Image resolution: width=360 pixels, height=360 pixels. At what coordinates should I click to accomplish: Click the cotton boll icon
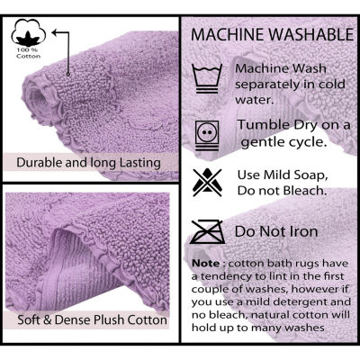[x=29, y=33]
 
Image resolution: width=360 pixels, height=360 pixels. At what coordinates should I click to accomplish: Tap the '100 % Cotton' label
[x=29, y=53]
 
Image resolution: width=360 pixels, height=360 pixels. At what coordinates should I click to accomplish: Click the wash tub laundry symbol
[x=207, y=78]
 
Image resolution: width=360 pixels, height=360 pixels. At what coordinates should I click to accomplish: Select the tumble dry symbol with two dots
[x=207, y=135]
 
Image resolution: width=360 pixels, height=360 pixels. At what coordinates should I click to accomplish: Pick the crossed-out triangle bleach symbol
[x=207, y=183]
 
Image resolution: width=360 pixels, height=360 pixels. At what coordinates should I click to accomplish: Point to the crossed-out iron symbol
[x=207, y=231]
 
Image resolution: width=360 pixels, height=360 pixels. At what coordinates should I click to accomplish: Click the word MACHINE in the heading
[x=228, y=35]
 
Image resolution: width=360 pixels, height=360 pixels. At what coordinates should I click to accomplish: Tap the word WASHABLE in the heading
[x=311, y=35]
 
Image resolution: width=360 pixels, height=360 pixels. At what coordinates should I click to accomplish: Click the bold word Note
[x=206, y=264]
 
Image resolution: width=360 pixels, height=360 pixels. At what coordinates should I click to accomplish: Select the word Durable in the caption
[x=40, y=162]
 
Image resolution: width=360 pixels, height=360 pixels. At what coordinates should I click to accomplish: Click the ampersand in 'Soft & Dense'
[x=48, y=319]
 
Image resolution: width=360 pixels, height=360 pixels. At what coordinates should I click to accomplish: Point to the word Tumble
[x=260, y=125]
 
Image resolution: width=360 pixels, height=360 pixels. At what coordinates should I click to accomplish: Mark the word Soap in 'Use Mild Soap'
[x=310, y=175]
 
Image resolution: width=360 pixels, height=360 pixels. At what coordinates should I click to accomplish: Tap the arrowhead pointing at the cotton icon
[x=55, y=32]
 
